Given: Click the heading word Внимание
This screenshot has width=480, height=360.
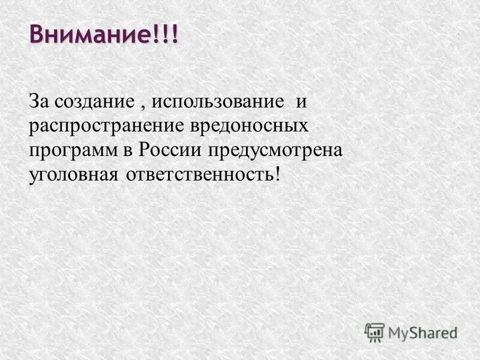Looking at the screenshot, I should pos(90,34).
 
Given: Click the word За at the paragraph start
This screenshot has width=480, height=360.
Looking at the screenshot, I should pos(38,101).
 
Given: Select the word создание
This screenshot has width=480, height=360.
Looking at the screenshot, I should pos(91,101).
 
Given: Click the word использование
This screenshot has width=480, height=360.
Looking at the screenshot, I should pos(217,101).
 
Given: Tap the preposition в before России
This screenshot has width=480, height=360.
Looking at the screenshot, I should pos(129,151).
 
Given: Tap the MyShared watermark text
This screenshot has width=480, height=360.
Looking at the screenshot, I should pos(422,332).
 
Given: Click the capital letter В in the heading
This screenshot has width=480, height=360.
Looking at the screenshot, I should pos(38,34).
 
